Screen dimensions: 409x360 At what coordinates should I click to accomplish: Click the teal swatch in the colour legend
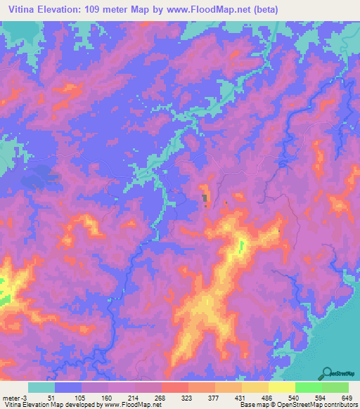coord(41,387)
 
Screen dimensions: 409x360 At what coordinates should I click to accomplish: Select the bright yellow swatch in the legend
coord(281,387)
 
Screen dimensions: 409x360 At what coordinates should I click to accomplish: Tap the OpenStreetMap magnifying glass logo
coord(327,372)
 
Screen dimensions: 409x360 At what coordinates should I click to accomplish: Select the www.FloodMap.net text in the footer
coord(134,405)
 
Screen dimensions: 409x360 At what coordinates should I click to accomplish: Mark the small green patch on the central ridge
coord(240,245)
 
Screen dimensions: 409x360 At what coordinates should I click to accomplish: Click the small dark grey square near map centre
coord(205,199)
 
